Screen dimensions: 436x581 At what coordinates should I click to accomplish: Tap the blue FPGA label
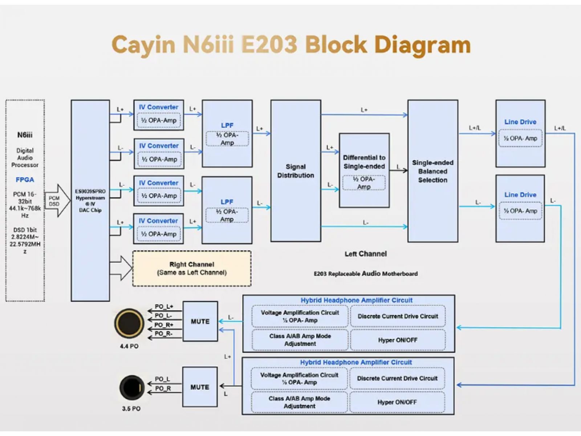pyautogui.click(x=25, y=179)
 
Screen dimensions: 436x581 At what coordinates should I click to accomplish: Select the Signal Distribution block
pyautogui.click(x=296, y=171)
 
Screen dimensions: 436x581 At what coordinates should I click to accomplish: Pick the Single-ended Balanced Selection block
pyautogui.click(x=432, y=171)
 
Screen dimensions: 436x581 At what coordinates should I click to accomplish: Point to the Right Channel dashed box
pyautogui.click(x=192, y=269)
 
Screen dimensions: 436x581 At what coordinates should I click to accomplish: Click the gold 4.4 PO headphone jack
pyautogui.click(x=129, y=323)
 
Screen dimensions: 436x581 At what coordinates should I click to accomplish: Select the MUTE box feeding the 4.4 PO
pyautogui.click(x=200, y=321)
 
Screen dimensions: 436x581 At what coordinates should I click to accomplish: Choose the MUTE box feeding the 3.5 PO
pyautogui.click(x=200, y=387)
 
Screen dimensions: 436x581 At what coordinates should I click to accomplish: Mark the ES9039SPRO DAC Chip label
pyautogui.click(x=90, y=201)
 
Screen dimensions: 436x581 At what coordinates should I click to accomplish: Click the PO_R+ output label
pyautogui.click(x=164, y=325)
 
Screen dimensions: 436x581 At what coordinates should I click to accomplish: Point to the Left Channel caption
pyautogui.click(x=366, y=254)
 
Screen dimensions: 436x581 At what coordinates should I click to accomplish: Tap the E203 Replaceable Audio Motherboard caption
pyautogui.click(x=366, y=274)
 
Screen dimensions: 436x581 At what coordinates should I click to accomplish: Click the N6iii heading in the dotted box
pyautogui.click(x=25, y=135)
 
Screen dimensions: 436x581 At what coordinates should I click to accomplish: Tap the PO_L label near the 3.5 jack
pyautogui.click(x=162, y=379)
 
